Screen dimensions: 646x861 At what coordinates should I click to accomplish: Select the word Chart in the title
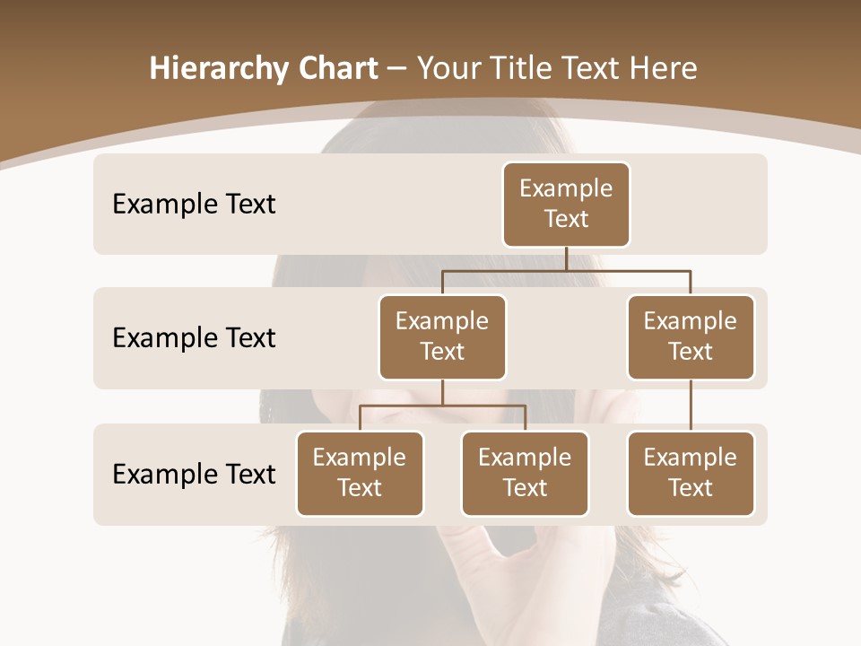pos(337,69)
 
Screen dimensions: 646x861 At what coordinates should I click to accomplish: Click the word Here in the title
pos(660,69)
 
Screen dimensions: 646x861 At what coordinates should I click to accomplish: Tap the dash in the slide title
pos(397,70)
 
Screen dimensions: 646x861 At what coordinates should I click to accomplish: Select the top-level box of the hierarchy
pos(566,204)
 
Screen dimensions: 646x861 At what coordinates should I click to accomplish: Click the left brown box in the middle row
pos(442,336)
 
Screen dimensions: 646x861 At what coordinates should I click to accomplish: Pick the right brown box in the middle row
pos(691,336)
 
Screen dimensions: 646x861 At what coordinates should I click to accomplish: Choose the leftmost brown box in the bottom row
pos(360,473)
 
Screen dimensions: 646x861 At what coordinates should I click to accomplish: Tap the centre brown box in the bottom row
pos(525,473)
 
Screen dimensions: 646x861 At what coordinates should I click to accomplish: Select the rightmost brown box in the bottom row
pos(691,473)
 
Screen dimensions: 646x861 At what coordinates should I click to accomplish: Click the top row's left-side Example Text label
pos(194,205)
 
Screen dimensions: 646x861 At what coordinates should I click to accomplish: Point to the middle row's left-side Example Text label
pos(194,338)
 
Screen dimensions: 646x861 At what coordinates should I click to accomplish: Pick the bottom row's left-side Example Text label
pos(194,474)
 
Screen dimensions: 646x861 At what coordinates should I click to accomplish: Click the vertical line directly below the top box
pos(566,258)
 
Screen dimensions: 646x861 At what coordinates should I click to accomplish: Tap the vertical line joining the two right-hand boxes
pos(691,406)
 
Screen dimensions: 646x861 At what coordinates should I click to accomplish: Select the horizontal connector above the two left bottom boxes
pos(442,406)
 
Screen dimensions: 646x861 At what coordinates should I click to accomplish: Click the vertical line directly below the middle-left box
pos(442,392)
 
